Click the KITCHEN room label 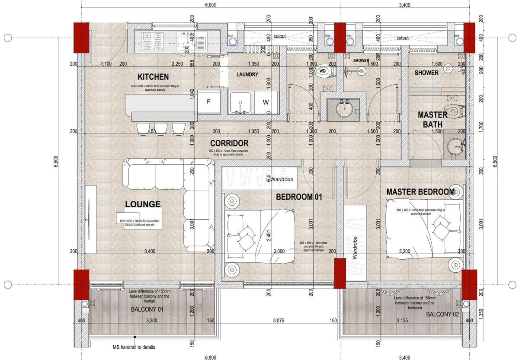(153, 77)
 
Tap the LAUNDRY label (247, 74)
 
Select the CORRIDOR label (229, 143)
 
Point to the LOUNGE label (143, 204)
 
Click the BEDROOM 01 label (299, 197)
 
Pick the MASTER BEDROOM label (420, 191)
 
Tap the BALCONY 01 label (147, 309)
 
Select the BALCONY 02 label (442, 315)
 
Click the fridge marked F (208, 102)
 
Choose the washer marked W (266, 102)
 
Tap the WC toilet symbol (323, 71)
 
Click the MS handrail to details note (134, 347)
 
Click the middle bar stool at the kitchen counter (161, 128)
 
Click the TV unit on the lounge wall (91, 219)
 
